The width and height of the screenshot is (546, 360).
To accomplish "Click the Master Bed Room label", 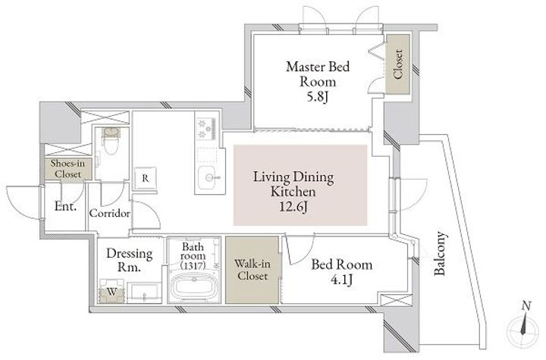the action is [318, 74].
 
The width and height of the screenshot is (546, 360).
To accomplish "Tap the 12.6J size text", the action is [293, 207].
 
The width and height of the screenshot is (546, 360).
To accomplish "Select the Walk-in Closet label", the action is [253, 270].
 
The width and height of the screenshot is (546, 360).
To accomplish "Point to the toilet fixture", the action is [111, 141].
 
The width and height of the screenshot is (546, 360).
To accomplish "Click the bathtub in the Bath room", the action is [193, 286].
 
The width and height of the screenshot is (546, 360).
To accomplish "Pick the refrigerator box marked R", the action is [146, 179].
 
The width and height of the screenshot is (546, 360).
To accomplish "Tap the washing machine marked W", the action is [111, 291].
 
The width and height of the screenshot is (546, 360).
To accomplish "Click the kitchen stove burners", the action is [206, 129].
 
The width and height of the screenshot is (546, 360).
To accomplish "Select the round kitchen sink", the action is [209, 178].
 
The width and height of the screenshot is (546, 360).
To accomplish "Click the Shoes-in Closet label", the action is [67, 168].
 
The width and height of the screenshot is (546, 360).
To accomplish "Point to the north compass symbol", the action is [522, 326].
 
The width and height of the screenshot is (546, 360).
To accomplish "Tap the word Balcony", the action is [440, 253].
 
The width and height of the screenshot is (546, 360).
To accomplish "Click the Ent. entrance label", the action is [65, 206].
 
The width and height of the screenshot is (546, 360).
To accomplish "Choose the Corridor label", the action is [110, 213].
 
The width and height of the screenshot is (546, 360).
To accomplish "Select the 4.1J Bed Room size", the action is [341, 280].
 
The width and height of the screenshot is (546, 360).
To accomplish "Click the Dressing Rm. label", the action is [129, 260].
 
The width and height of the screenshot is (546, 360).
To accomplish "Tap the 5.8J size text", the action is [317, 97].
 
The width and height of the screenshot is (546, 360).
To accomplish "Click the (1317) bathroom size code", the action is [193, 265].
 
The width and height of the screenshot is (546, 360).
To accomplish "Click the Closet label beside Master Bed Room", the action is [397, 64].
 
